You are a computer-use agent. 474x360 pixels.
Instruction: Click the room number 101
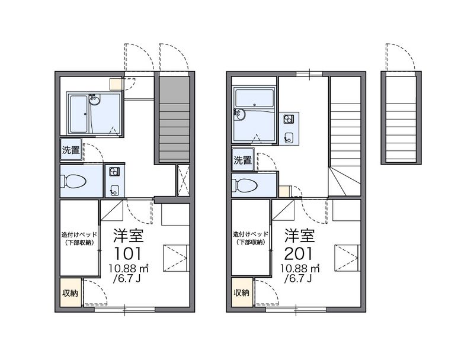127,253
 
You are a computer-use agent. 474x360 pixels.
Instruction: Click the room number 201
299,253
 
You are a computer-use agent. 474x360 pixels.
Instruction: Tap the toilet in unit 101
73,182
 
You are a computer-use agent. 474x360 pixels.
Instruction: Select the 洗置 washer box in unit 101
71,150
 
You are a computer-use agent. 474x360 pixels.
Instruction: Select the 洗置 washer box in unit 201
242,160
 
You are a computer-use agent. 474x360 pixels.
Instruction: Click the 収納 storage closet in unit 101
71,292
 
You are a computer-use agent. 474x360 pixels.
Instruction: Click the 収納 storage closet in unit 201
242,292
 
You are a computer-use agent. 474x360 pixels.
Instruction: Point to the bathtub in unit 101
79,114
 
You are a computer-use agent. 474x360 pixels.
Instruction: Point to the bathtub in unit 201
255,98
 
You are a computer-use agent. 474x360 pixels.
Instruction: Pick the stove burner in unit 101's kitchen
114,171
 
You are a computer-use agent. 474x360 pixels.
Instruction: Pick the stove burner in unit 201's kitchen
289,119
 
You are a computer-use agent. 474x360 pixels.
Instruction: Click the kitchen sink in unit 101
114,190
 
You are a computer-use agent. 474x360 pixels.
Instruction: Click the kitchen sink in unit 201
289,138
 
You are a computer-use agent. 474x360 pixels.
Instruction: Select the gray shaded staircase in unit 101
174,120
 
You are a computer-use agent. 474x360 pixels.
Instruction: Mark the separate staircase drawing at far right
401,118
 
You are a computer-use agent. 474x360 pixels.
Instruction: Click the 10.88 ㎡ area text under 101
129,268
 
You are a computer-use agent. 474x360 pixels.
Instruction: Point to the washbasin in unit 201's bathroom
241,114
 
